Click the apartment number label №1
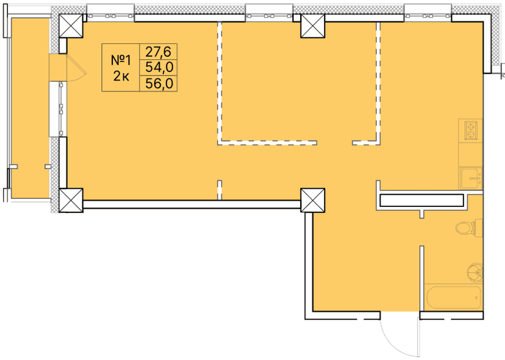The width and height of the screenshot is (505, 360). tap(121, 60)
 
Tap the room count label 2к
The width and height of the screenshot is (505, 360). tap(121, 76)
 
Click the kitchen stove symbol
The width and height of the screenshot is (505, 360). tap(471, 130)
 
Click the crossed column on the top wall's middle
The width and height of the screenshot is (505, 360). tap(313, 26)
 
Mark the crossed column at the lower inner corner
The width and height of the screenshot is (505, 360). tap(313, 200)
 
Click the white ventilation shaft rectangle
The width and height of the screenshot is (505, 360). tap(421, 200)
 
